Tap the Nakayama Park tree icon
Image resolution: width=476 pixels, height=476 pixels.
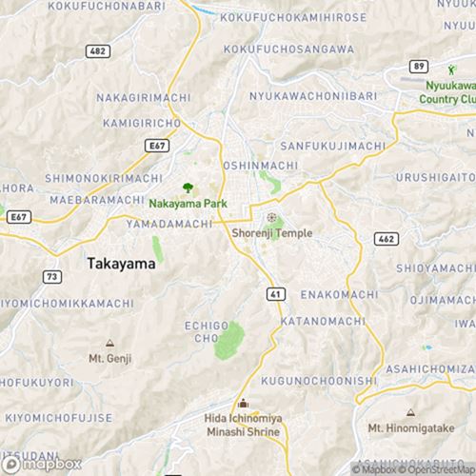tap(186, 188)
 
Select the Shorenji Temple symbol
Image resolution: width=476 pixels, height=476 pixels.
tap(270, 218)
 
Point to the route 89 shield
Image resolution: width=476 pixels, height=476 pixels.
tap(417, 66)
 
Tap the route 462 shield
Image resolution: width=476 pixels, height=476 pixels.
tap(387, 239)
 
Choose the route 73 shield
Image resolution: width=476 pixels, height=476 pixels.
tap(51, 275)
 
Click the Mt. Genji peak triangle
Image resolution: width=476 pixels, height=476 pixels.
tap(109, 343)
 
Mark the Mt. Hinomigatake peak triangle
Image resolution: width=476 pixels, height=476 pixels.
tap(410, 413)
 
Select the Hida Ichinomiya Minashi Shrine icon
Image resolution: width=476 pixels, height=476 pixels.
tap(243, 404)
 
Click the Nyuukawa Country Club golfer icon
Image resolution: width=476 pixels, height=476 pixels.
tap(451, 69)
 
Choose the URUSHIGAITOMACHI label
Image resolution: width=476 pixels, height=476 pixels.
tap(438, 178)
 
